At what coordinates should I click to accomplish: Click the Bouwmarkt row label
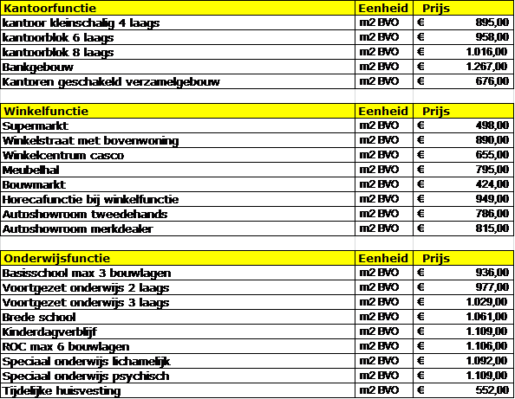pyautogui.click(x=29, y=185)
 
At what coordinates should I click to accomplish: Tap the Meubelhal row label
pyautogui.click(x=29, y=171)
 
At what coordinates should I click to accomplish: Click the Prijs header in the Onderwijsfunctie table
pyautogui.click(x=436, y=259)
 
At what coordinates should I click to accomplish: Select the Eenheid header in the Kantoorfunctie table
pyautogui.click(x=378, y=9)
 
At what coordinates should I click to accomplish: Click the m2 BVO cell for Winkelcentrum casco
pyautogui.click(x=378, y=156)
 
